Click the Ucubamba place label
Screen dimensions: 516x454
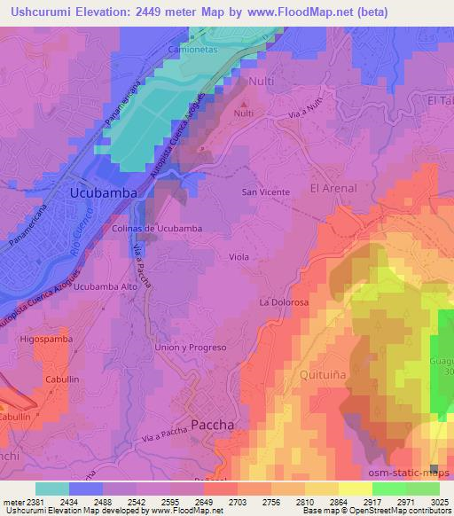click(103, 192)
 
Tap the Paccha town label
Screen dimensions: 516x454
click(213, 425)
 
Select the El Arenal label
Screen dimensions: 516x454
click(333, 188)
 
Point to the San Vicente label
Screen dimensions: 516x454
click(262, 192)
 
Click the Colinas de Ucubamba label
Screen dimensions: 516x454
click(158, 228)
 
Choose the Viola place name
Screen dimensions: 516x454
click(239, 256)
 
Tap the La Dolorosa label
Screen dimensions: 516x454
click(283, 302)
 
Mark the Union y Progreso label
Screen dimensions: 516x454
click(191, 348)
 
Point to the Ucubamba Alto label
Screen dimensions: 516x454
click(105, 287)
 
